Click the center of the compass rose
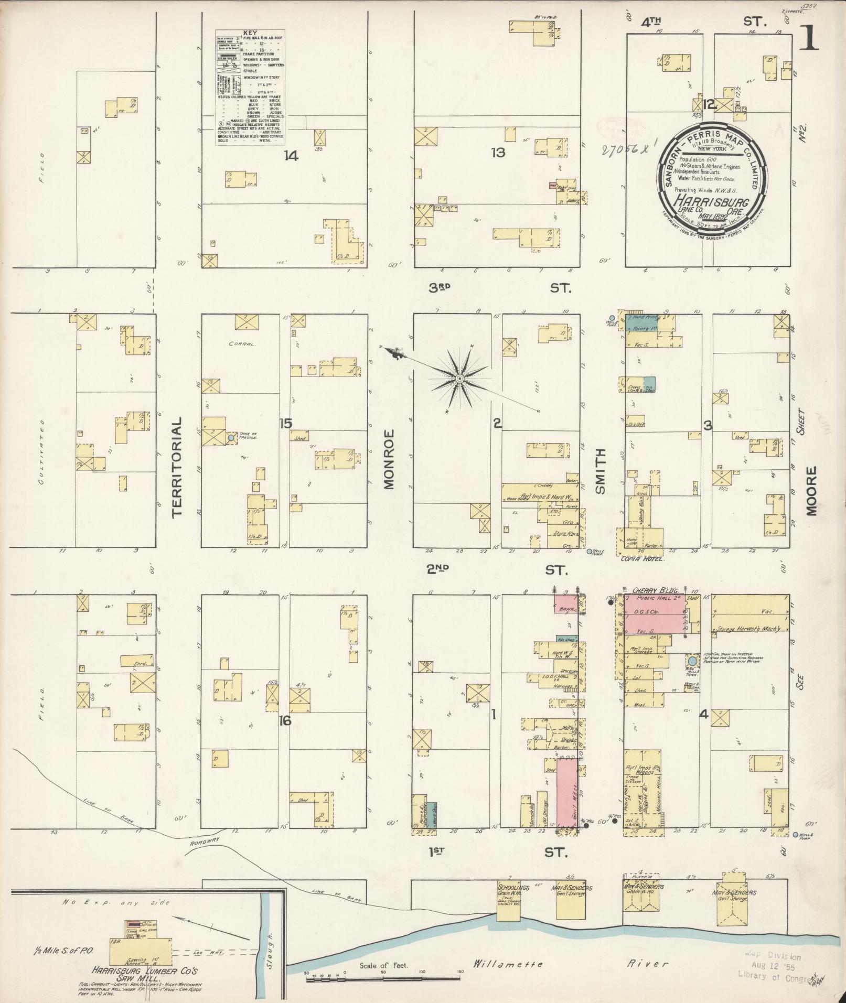(459, 379)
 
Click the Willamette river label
(508, 964)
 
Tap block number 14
(291, 156)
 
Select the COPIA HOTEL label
(641, 559)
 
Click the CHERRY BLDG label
(647, 589)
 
